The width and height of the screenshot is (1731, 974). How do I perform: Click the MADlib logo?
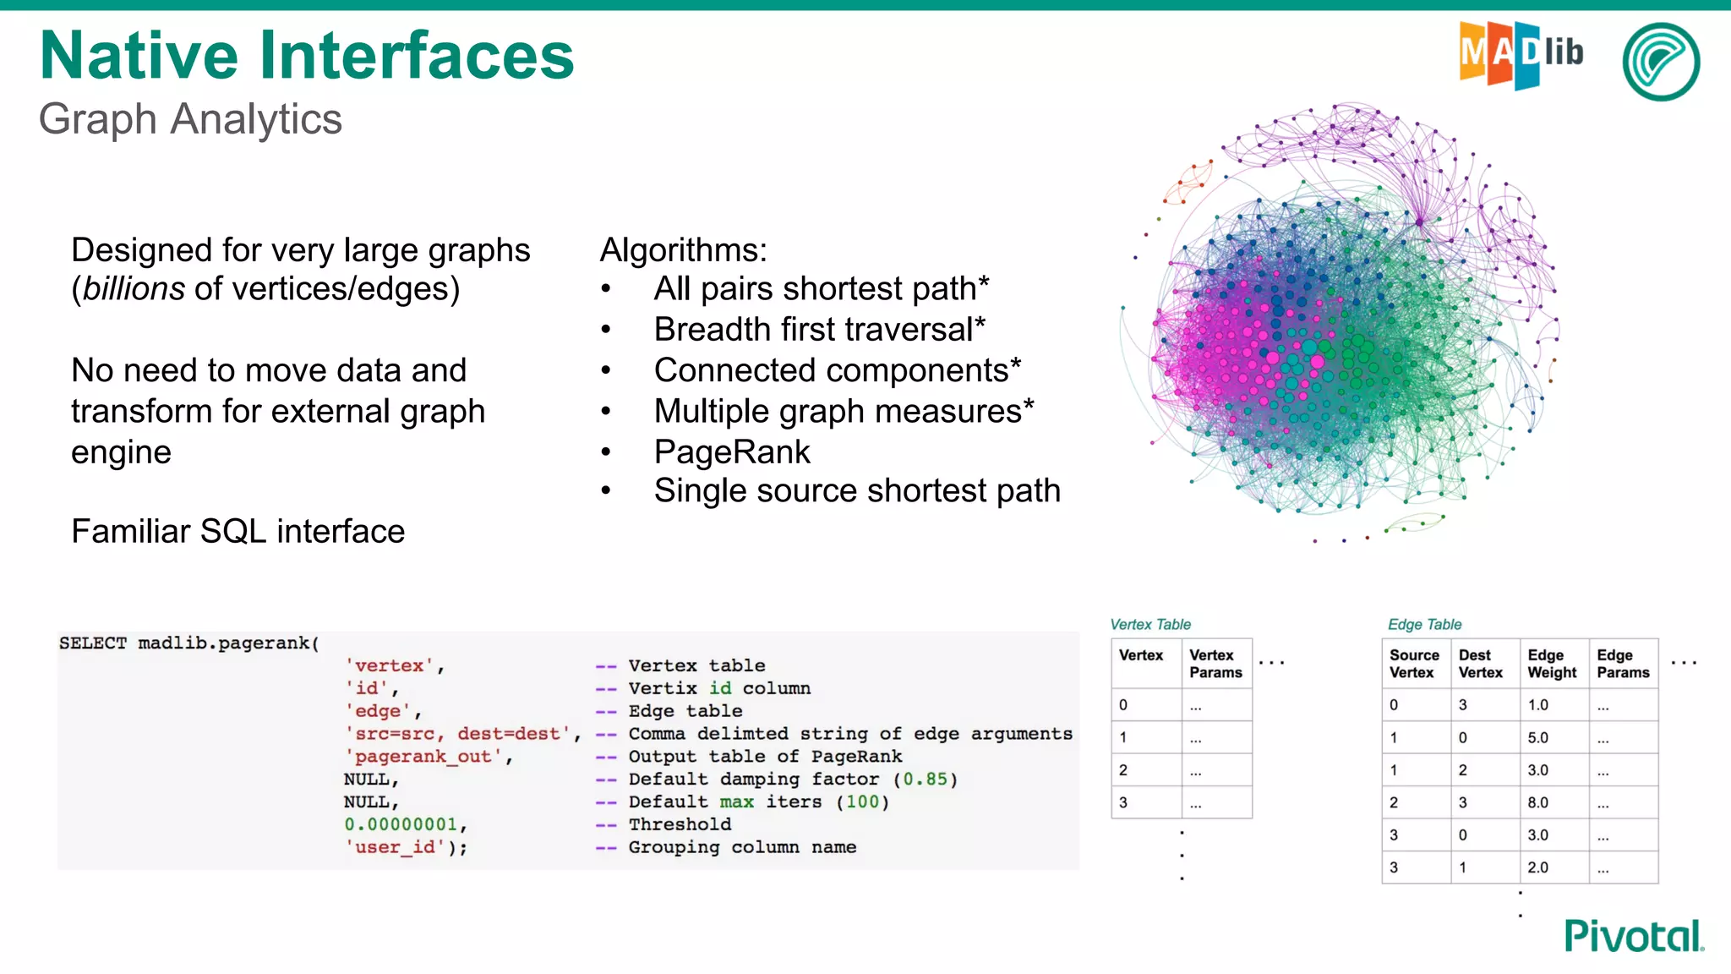click(1520, 54)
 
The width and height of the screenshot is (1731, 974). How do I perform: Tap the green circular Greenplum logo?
click(1661, 62)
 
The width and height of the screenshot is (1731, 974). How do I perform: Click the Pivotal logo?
click(1633, 936)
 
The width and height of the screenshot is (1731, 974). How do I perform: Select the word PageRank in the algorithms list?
click(732, 452)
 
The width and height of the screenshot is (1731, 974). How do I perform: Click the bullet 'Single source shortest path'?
click(856, 491)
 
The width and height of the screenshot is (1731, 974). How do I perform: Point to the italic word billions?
click(134, 289)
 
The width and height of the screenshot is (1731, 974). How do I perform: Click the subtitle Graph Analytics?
click(190, 119)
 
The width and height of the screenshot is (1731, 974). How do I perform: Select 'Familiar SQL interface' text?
click(238, 532)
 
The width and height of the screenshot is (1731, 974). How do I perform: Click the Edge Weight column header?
click(1552, 664)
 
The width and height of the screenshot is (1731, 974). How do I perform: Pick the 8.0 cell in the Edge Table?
click(1538, 802)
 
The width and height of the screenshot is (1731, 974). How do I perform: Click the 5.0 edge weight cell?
click(1538, 737)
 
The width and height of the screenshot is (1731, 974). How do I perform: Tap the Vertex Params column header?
click(1215, 664)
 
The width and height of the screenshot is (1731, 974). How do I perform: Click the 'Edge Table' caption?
click(1424, 625)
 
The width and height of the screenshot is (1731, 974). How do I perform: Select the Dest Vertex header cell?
click(1481, 664)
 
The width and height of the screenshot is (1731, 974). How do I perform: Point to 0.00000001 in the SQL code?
click(401, 824)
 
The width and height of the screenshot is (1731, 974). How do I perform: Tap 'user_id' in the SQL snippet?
click(395, 847)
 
